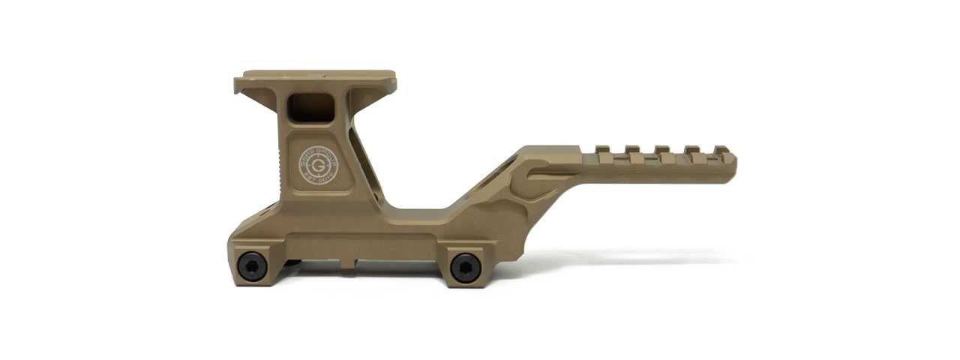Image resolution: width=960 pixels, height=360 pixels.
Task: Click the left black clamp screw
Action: [x=252, y=265]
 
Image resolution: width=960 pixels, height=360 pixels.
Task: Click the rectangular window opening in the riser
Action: [x=311, y=106]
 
